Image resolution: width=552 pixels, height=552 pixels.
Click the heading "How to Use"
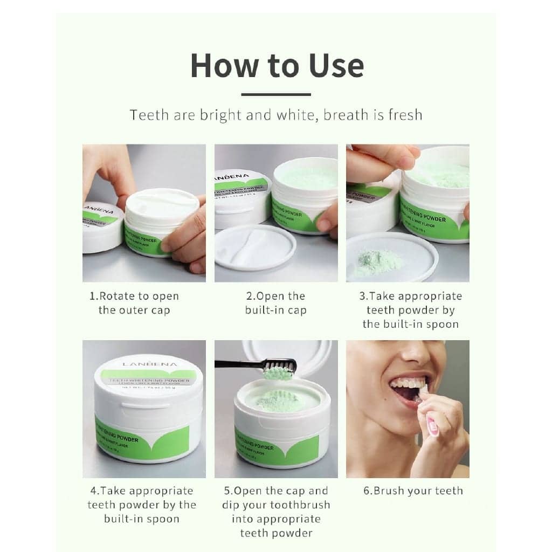277,65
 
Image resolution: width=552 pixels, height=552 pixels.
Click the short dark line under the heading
276,94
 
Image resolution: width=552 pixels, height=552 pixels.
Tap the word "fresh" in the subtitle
400,115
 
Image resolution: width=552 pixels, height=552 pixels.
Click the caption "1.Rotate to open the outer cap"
134,303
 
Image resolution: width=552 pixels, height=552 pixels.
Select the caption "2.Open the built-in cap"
275,303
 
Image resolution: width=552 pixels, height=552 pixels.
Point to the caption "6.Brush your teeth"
412,491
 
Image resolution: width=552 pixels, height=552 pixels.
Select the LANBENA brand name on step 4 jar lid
141,363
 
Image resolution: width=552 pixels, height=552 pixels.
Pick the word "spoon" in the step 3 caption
441,324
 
